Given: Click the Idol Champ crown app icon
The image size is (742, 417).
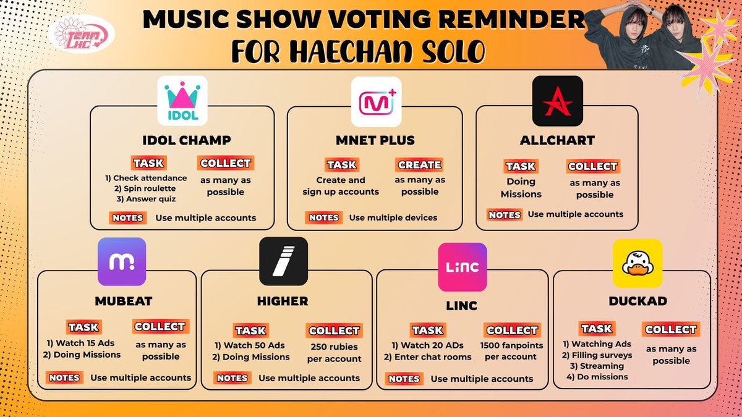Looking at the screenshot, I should pos(182,101).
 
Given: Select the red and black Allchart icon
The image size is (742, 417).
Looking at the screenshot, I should pos(558,101).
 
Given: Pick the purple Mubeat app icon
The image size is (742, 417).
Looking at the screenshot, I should pos(122,262).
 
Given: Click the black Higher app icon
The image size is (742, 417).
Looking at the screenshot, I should pos(283,261).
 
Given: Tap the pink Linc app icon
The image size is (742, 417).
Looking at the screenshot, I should pos(463,267).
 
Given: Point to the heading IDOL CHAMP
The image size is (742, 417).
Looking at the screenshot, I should pos(182,140).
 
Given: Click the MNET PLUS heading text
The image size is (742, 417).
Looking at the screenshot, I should pos(375,140).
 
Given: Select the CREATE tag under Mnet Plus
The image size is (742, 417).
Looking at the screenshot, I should pos(419,165).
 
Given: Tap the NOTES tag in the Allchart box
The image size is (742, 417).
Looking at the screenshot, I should pos(505,215).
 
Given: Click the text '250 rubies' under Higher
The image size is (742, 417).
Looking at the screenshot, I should pos(335,347).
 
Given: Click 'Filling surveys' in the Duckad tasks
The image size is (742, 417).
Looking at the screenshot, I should pos(597,355).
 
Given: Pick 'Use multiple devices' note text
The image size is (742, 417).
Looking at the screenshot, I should pos(393,217).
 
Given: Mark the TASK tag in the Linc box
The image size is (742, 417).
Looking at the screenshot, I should pos(427,330).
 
